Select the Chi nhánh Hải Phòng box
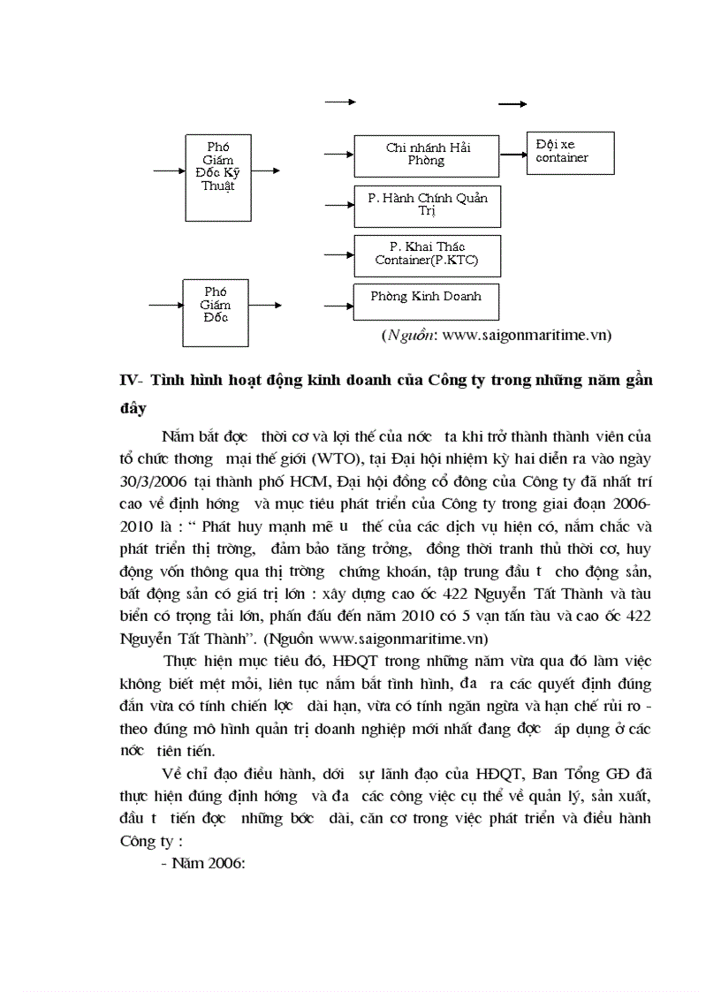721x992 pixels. pyautogui.click(x=426, y=155)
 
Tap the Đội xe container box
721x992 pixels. pyautogui.click(x=565, y=154)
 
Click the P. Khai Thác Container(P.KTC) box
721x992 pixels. pyautogui.click(x=426, y=255)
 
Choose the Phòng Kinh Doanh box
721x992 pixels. pyautogui.click(x=426, y=299)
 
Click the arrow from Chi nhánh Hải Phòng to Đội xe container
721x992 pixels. pyautogui.click(x=512, y=153)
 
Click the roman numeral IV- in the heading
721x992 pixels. pyautogui.click(x=132, y=381)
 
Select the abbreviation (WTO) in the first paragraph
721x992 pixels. pyautogui.click(x=352, y=462)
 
